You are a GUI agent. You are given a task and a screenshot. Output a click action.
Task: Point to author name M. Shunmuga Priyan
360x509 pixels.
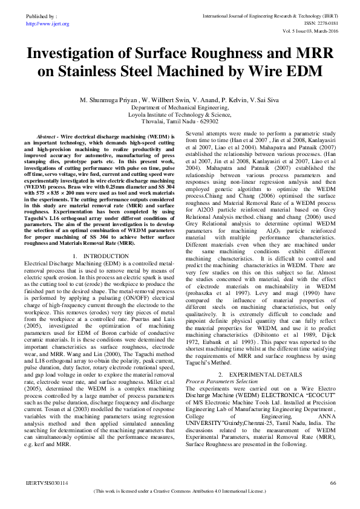click(108, 100)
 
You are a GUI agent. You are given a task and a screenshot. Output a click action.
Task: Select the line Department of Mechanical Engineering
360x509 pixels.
click(180, 107)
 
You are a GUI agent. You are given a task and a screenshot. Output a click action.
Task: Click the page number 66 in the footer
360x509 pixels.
click(333, 484)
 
